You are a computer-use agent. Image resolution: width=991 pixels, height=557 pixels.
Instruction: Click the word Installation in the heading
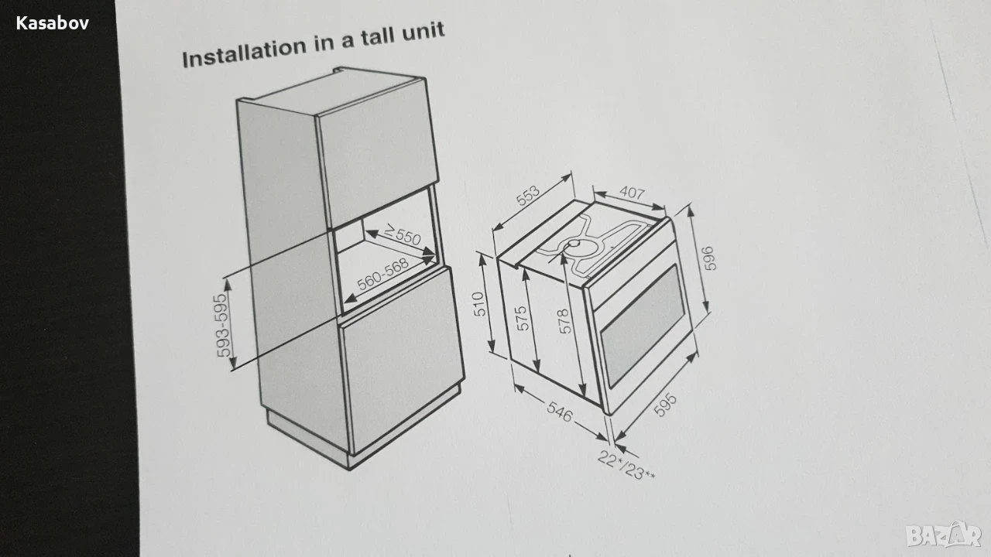point(244,52)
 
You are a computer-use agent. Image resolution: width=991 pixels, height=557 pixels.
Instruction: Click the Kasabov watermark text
point(53,23)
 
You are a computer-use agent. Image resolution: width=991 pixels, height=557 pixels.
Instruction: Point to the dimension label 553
point(528,196)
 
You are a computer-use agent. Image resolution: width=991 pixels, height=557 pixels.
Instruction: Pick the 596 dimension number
point(708,258)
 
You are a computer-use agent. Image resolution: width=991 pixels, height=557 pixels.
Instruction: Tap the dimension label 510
point(479,304)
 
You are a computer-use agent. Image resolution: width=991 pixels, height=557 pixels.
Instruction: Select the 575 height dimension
point(523,318)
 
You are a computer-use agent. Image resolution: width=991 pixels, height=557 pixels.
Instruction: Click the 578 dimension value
point(564,321)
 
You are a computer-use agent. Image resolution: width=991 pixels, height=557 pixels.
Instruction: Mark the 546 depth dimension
point(560,412)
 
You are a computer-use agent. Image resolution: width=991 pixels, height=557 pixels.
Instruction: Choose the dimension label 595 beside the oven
point(665,405)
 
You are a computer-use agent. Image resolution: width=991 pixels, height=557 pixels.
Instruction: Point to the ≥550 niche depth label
point(402,234)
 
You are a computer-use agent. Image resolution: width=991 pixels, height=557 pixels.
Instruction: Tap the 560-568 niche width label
point(382,275)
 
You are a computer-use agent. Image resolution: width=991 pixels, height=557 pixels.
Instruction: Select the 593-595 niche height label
point(224,326)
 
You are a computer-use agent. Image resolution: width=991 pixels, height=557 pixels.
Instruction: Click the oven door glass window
point(643,326)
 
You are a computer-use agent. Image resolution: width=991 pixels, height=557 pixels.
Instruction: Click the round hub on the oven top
point(574,244)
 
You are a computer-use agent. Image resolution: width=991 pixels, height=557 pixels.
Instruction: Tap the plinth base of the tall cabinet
point(363,439)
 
